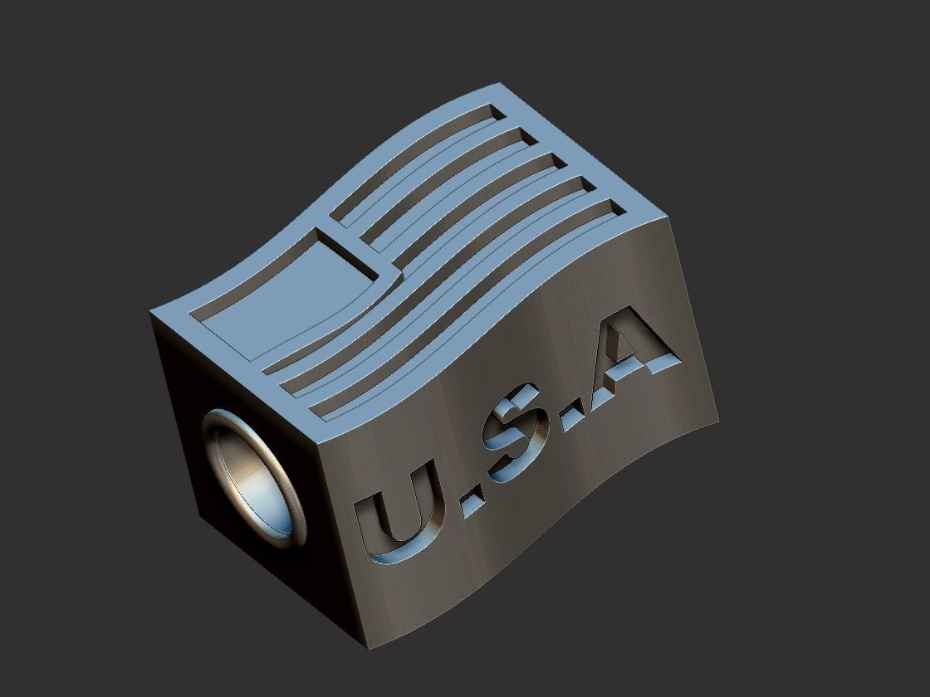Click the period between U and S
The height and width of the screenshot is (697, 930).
pyautogui.click(x=471, y=502)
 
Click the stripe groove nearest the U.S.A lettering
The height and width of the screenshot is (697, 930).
pyautogui.click(x=465, y=319)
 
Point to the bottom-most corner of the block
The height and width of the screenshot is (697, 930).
pyautogui.click(x=369, y=648)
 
